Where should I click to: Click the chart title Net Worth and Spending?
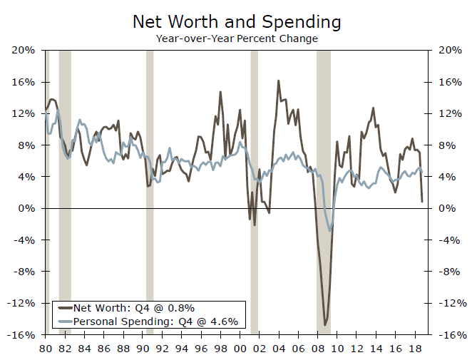click(x=236, y=21)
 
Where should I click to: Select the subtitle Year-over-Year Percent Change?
click(x=236, y=38)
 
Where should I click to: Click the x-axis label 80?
click(x=45, y=349)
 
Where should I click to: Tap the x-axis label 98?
click(x=221, y=349)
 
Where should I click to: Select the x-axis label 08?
click(x=319, y=349)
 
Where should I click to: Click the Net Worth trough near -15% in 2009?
click(x=325, y=325)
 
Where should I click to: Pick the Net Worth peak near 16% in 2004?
click(x=278, y=81)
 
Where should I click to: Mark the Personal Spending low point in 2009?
click(x=330, y=230)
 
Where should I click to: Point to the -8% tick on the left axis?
click(x=24, y=272)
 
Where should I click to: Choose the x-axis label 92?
click(x=163, y=349)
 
